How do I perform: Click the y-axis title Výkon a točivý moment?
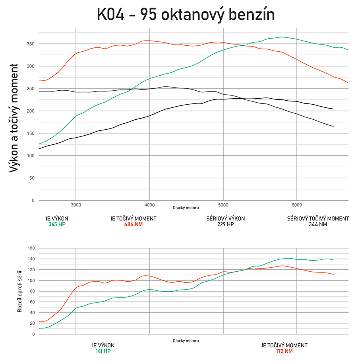15,118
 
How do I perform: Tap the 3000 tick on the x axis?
76,205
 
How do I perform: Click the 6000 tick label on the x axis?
297,205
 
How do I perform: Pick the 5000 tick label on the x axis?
223,205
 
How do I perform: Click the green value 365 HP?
57,224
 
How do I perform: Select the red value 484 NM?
133,224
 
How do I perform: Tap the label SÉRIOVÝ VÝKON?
225,218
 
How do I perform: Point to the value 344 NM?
318,224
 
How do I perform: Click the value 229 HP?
225,224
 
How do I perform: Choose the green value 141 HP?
103,351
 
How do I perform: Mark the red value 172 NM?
285,351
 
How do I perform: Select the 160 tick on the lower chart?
31,248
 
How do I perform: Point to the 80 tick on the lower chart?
32,291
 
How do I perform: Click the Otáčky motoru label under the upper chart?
186,208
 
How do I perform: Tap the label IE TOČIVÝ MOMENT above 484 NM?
133,218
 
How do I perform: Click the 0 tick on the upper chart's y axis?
33,200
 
